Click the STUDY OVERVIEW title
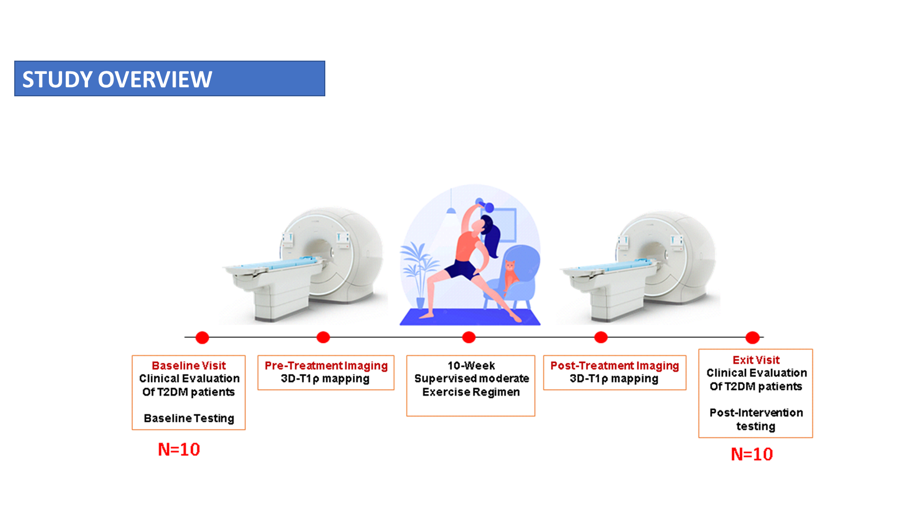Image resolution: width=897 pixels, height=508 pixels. [117, 79]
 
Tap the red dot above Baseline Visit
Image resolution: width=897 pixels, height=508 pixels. [202, 337]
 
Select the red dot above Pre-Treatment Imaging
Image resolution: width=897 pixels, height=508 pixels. [323, 337]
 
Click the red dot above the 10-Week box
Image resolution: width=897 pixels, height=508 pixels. [469, 337]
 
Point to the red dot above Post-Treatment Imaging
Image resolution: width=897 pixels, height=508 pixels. [601, 337]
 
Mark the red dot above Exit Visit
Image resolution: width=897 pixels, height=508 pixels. [752, 337]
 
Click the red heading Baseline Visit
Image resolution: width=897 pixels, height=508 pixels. [189, 365]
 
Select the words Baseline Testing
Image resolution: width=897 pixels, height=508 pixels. [189, 418]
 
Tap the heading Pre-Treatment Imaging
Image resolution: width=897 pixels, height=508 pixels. [326, 365]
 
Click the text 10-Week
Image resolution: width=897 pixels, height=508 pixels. [471, 365]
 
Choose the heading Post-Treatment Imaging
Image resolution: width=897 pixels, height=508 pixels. [614, 365]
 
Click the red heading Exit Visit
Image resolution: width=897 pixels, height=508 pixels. [756, 360]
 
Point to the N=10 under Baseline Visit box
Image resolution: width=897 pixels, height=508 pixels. [179, 449]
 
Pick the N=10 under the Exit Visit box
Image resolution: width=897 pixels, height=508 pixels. [752, 454]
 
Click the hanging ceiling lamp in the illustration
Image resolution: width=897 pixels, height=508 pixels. [451, 209]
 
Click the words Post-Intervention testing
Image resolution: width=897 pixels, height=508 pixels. [756, 419]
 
